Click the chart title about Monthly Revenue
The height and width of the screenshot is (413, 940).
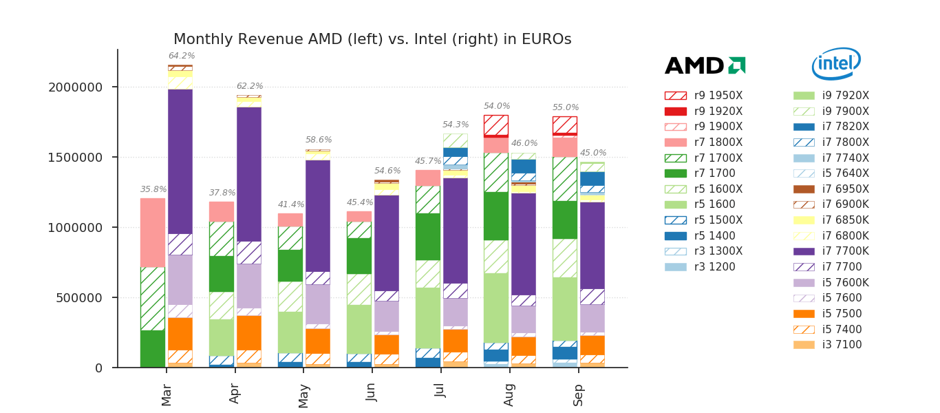point(372,39)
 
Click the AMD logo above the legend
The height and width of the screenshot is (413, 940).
point(705,65)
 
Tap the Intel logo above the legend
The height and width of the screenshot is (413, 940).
point(836,64)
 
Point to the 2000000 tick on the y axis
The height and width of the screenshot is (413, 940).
point(75,87)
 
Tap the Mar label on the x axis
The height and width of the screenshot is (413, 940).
point(167,395)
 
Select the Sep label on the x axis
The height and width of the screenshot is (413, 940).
point(579,395)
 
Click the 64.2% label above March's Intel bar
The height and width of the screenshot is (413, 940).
point(182,56)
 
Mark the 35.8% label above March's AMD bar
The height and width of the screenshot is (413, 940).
point(153,189)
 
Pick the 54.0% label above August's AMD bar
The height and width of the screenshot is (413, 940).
point(497,106)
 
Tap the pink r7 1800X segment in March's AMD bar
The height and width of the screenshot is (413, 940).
point(153,232)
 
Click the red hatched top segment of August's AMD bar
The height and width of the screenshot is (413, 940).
point(496,125)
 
